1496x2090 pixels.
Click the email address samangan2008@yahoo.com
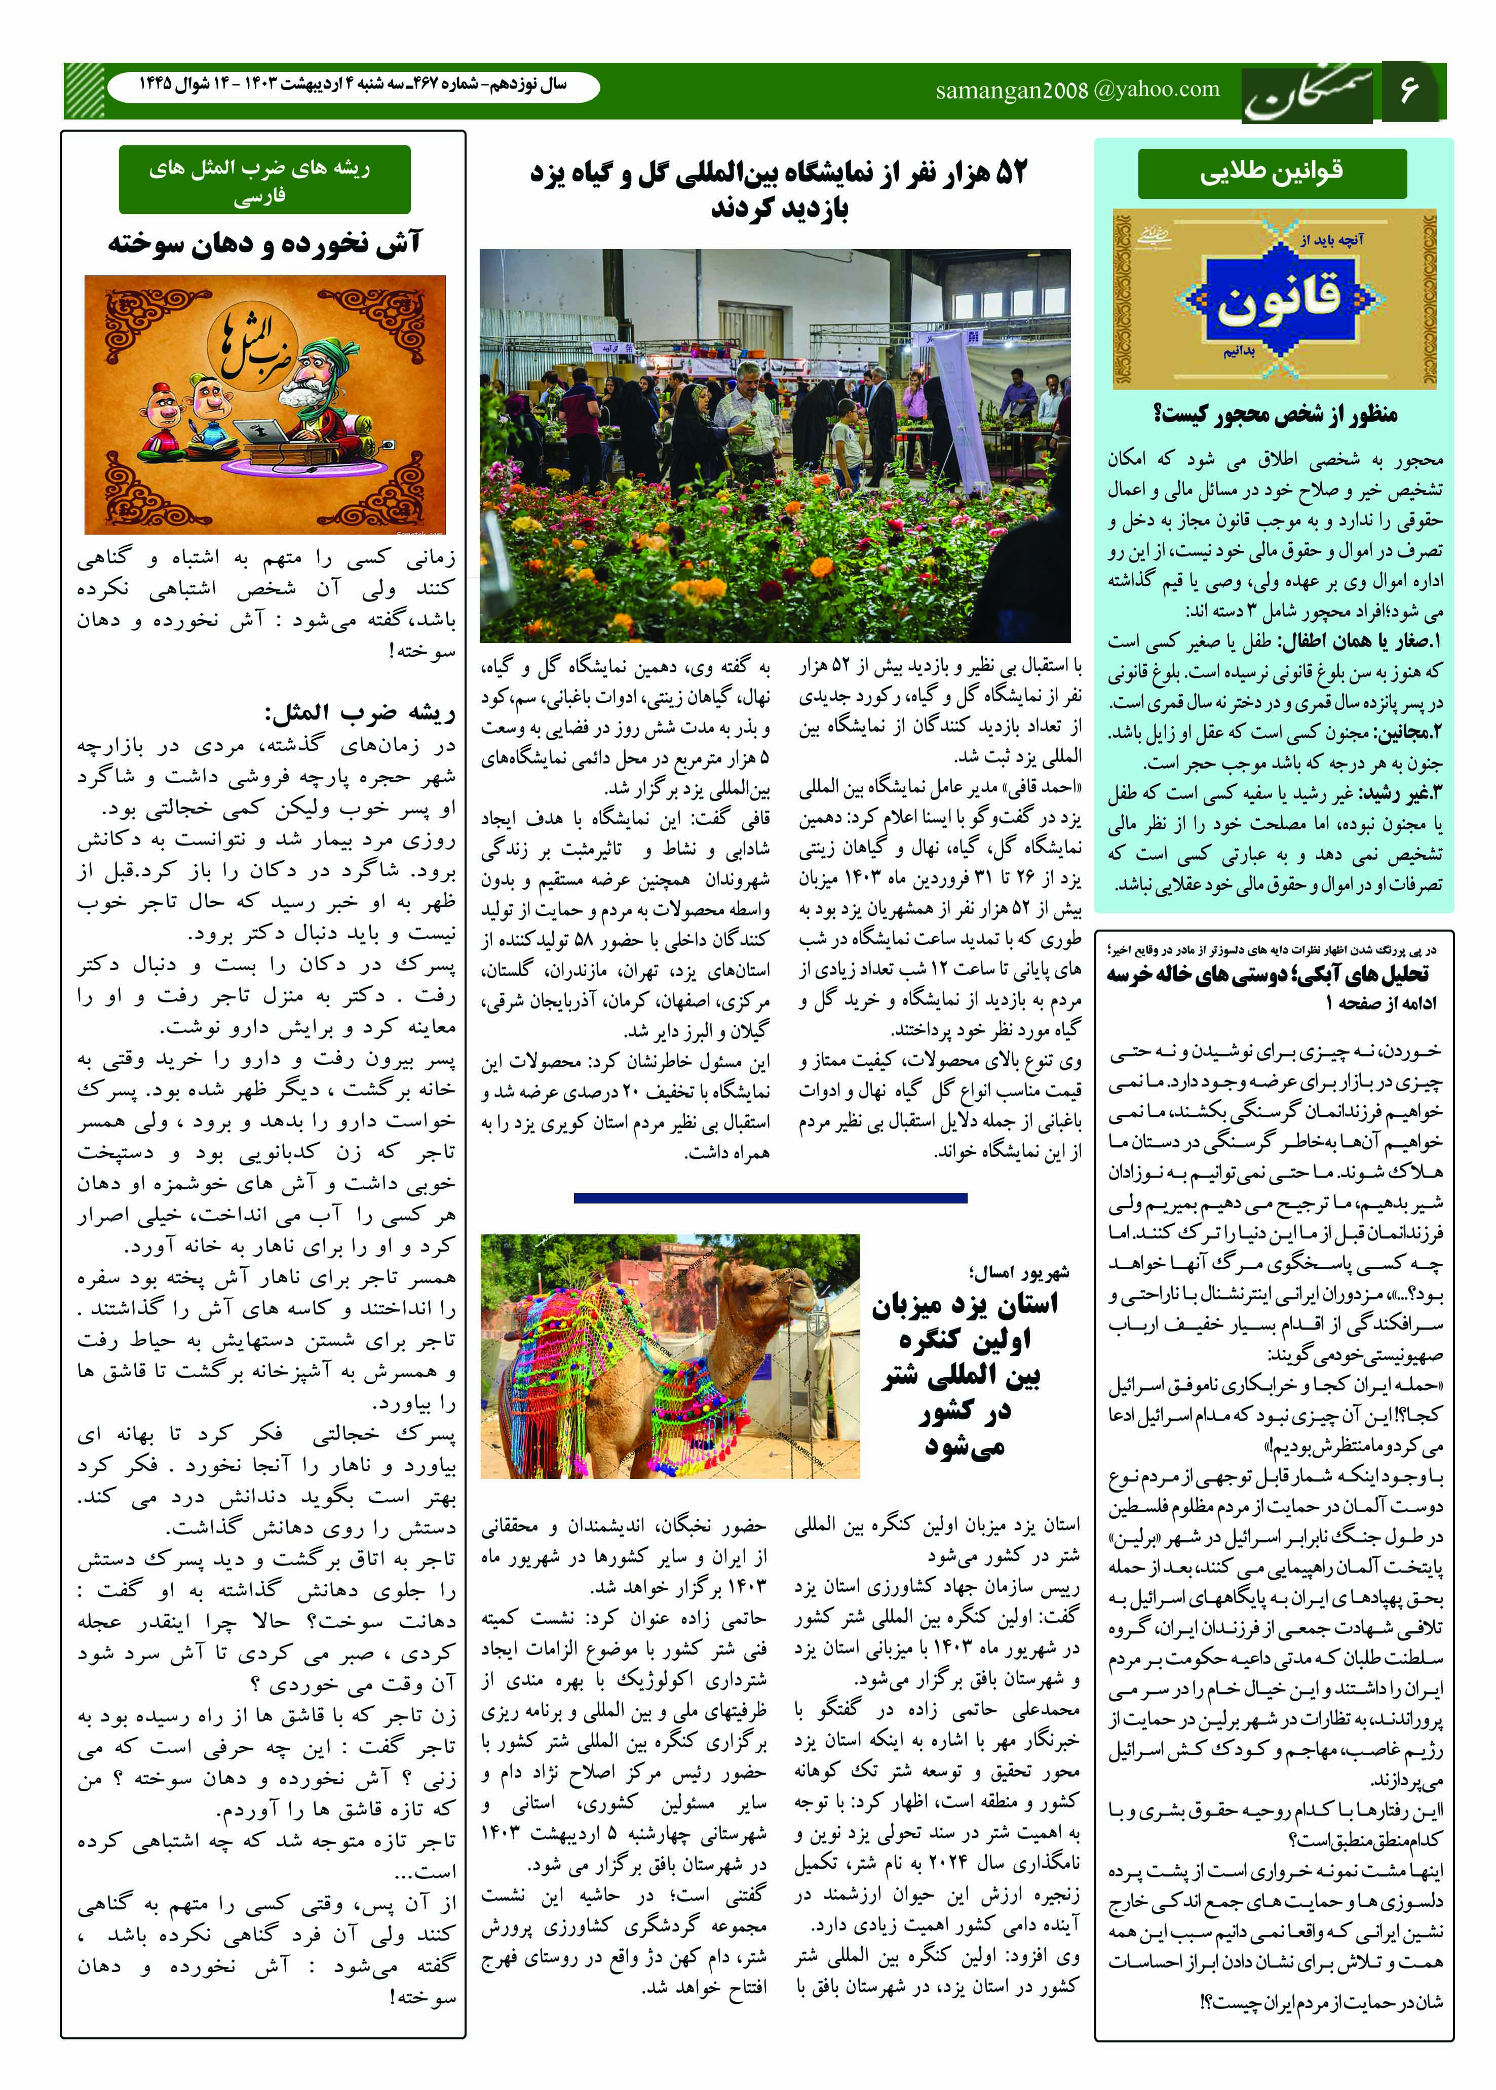pyautogui.click(x=1077, y=89)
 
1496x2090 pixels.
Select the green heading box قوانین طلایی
pyautogui.click(x=1272, y=172)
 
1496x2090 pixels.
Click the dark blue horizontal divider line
pyautogui.click(x=770, y=1198)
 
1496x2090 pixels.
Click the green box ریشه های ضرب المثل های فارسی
pyautogui.click(x=264, y=180)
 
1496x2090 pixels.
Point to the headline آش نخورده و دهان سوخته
pyautogui.click(x=264, y=243)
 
